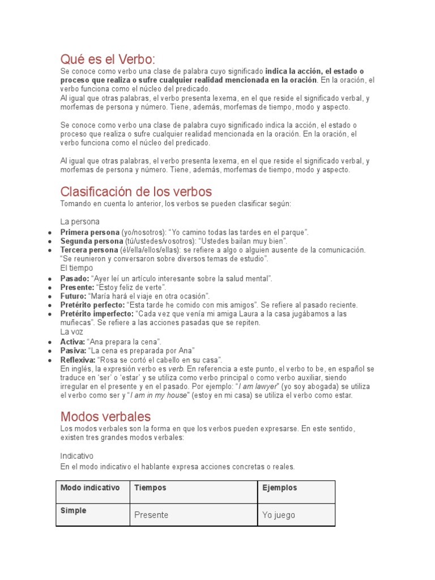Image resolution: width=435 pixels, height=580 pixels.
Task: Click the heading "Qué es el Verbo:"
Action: coord(108,59)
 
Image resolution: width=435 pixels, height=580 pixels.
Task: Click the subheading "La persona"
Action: coord(80,221)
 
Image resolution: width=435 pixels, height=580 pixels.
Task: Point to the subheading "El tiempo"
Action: coord(76,267)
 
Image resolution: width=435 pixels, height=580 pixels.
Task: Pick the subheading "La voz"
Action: coord(71,332)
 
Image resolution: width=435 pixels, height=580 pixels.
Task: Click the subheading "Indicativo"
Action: coord(77,455)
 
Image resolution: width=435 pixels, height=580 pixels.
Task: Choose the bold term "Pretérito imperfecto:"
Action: coord(97,314)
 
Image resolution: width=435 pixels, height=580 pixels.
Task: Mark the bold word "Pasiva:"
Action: coord(73,351)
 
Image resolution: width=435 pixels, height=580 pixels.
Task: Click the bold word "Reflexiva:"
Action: coord(78,360)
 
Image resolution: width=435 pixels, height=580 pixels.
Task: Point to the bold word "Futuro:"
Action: coord(74,296)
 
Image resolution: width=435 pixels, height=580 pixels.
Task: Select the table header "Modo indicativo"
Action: coord(90,488)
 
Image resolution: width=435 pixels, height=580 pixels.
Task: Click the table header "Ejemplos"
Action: coord(280,488)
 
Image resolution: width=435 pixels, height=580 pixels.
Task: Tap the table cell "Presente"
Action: coord(151,515)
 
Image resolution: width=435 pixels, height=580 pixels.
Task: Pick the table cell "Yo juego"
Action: coord(279,515)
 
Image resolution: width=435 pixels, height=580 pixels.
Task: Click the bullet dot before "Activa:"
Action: coord(50,342)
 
